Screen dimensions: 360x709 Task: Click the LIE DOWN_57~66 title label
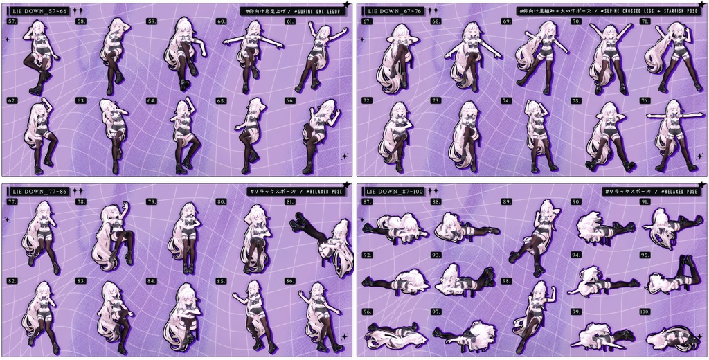coord(40,12)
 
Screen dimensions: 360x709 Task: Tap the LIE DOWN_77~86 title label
coord(40,191)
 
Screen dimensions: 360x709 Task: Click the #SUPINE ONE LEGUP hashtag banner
coord(295,12)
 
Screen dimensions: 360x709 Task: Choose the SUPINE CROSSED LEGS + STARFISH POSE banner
coord(609,12)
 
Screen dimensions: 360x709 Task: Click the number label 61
coord(290,22)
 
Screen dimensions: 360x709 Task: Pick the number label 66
coord(290,101)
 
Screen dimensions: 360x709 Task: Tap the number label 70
coord(575,22)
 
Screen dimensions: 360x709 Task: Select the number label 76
coord(645,101)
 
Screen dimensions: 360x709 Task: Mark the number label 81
coord(291,202)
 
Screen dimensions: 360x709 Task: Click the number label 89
coord(507,202)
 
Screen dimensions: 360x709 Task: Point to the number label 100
coord(645,312)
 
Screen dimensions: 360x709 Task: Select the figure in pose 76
coord(672,136)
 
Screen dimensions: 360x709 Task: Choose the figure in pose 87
coord(395,228)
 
